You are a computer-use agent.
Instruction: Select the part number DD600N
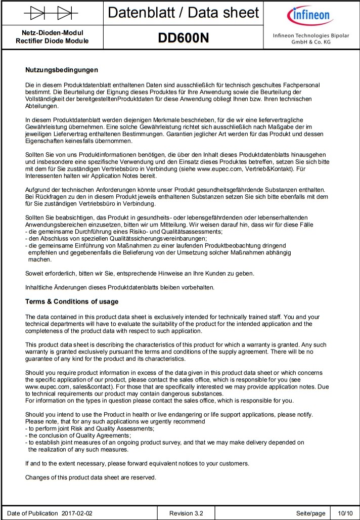[x=184, y=38]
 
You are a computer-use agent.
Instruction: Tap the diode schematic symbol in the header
[x=52, y=12]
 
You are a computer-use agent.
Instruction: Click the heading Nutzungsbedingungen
[x=61, y=70]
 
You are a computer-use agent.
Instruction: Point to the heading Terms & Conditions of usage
[x=72, y=302]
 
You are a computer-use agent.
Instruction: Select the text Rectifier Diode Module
[x=52, y=41]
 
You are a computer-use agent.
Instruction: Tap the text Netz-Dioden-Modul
[x=52, y=33]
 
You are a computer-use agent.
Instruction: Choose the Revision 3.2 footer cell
[x=187, y=513]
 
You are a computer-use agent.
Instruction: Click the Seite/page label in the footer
[x=310, y=513]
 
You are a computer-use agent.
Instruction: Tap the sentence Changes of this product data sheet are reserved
[x=91, y=477]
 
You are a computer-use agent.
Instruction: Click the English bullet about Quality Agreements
[x=78, y=435]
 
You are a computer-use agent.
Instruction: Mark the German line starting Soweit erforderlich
[x=140, y=274]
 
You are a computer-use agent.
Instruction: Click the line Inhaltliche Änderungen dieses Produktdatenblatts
[x=120, y=287]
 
